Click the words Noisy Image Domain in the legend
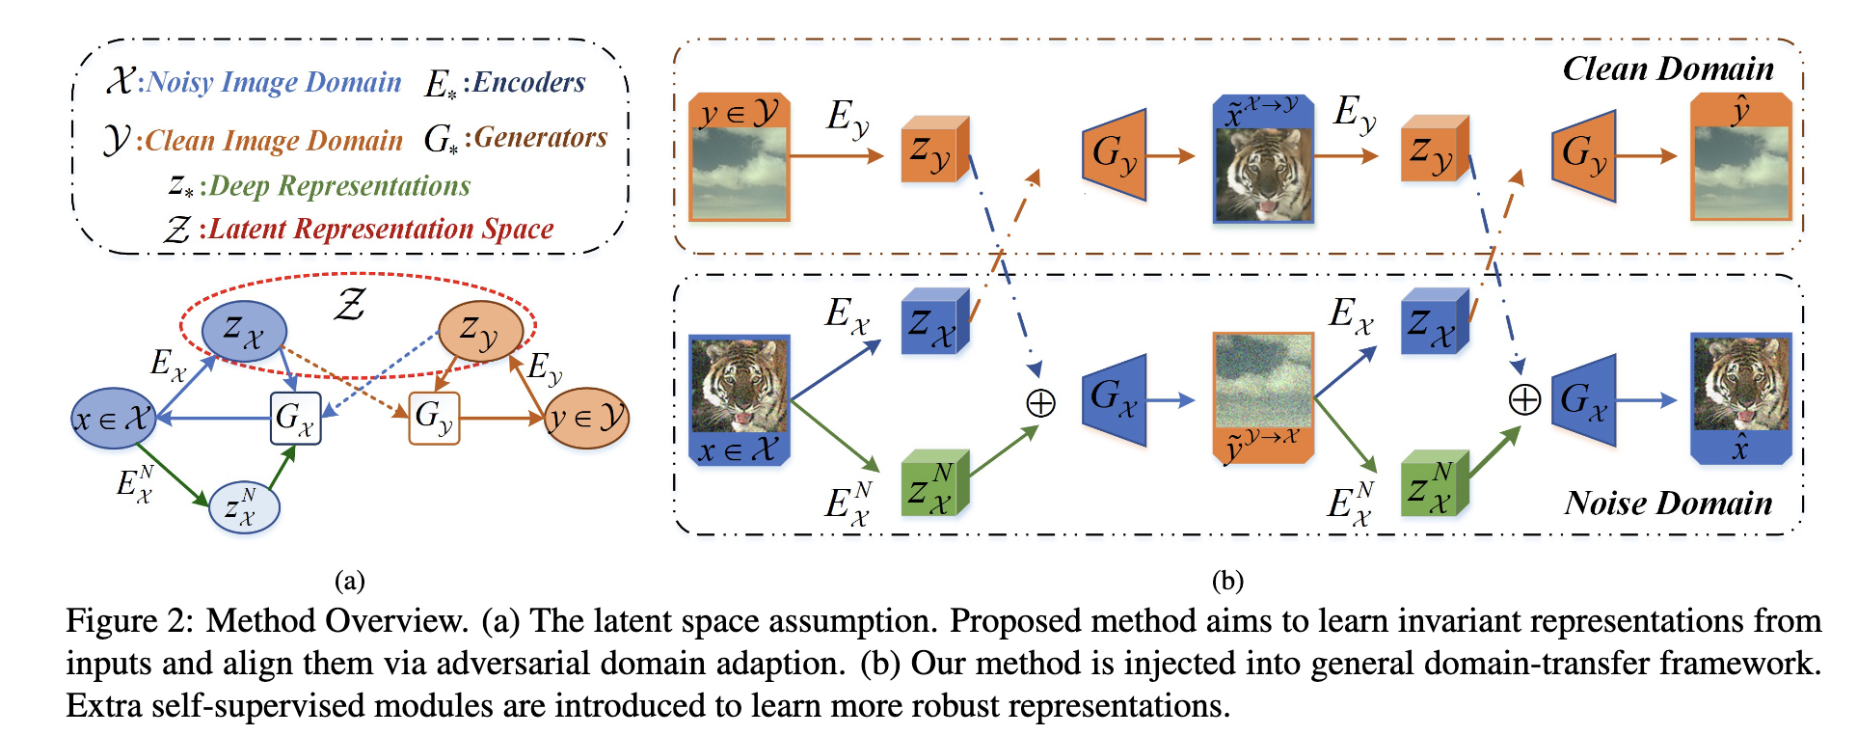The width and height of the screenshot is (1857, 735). [274, 83]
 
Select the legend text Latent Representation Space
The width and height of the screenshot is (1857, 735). [381, 230]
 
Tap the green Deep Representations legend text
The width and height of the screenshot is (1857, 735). [339, 186]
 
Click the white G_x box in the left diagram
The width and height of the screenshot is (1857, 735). [295, 419]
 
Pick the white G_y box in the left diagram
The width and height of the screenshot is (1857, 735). [434, 419]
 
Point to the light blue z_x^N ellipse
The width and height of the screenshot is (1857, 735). [244, 507]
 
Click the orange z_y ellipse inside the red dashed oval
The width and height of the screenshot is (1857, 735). [480, 331]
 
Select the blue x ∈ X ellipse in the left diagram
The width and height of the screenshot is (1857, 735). [114, 419]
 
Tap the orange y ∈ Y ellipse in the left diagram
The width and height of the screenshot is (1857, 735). [586, 419]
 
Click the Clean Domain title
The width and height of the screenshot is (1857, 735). [1668, 69]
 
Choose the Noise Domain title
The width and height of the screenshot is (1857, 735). [1668, 503]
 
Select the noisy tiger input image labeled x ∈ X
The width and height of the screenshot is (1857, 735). [740, 387]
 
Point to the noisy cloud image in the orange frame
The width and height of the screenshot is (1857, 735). [1263, 381]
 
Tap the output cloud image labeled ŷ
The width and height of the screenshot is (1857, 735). [1740, 172]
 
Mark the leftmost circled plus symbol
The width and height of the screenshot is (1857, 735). [1041, 402]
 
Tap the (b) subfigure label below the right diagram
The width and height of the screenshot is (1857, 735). [1227, 581]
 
